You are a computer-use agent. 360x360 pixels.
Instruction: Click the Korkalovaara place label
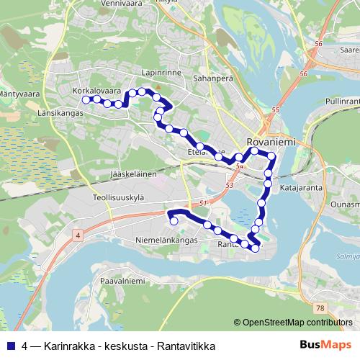coord(96,91)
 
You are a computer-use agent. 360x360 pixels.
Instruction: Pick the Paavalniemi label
coord(122,280)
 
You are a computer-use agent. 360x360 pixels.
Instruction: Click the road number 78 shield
coord(321,308)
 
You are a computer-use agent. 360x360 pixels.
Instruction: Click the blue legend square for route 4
coord(9,346)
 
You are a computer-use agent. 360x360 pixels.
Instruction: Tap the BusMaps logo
coord(326,345)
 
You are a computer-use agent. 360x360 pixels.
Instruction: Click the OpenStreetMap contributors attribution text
coord(297,323)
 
